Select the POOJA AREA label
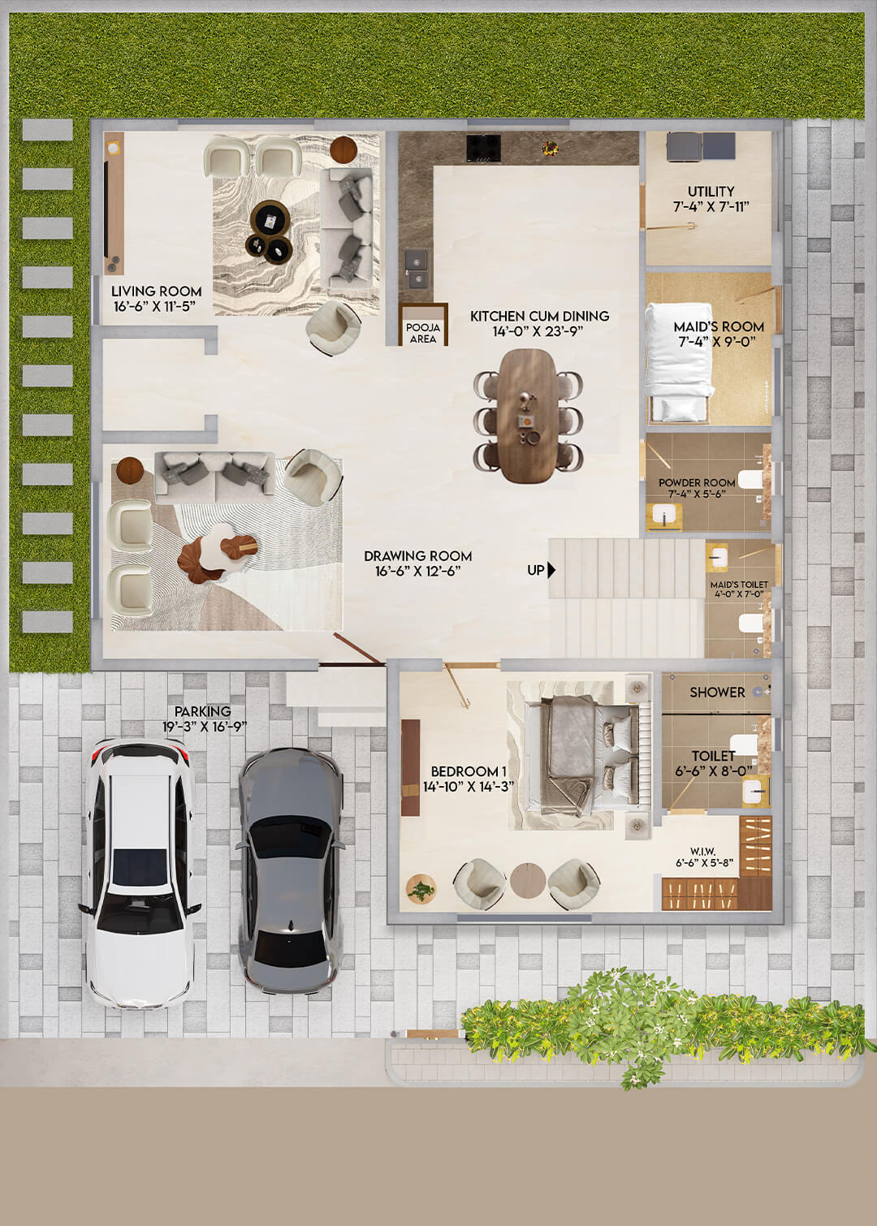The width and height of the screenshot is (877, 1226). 423,333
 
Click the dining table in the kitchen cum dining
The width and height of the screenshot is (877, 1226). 528,416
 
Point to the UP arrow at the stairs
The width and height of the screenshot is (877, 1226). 552,570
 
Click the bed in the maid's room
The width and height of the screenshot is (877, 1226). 679,363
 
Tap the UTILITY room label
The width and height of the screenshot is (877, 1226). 711,192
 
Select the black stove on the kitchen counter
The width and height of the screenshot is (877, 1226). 483,148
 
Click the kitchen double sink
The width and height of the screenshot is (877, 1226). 417,269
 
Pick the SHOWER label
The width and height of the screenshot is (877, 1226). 717,693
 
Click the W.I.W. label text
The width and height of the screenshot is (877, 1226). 703,851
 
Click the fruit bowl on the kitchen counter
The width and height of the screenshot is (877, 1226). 551,147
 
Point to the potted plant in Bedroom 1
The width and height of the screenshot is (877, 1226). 421,887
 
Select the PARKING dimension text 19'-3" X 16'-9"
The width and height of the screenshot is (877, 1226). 204,727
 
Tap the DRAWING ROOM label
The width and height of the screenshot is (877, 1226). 417,555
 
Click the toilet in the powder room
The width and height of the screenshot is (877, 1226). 750,480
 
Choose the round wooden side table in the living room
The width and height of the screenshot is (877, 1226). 343,149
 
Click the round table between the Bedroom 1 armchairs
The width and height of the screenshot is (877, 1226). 528,880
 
